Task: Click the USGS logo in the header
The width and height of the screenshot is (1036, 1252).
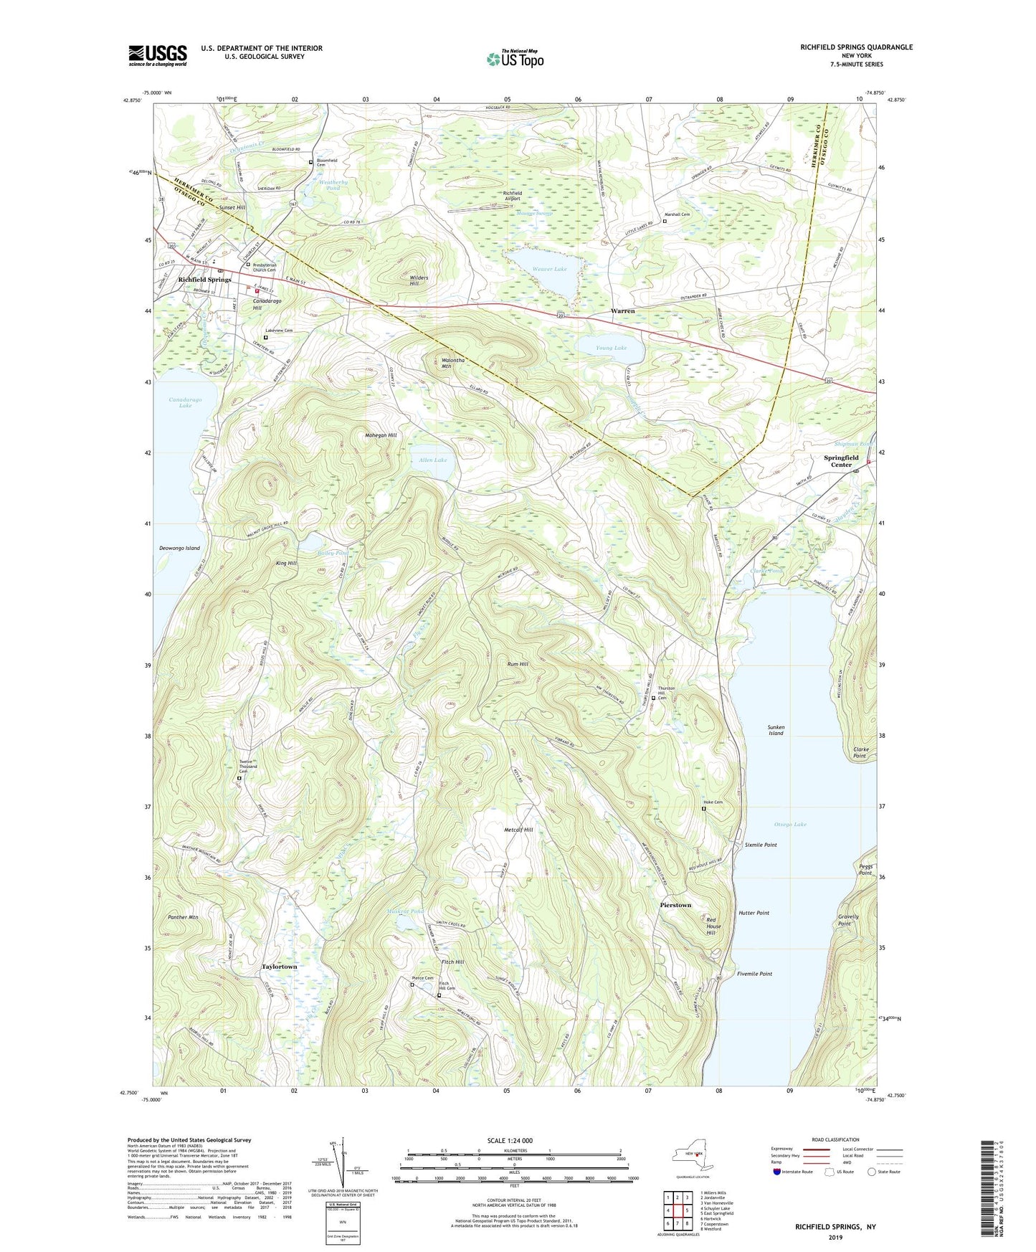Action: click(x=157, y=55)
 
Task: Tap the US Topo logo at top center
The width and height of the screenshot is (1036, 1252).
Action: click(x=514, y=59)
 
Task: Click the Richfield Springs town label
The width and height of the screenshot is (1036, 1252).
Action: click(x=204, y=279)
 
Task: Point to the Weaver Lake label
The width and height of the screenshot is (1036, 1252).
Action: click(x=550, y=269)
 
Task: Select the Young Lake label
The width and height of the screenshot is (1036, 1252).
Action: click(x=611, y=348)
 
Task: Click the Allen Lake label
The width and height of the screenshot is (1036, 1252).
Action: click(x=432, y=460)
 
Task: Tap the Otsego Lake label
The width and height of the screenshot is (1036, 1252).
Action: click(x=790, y=824)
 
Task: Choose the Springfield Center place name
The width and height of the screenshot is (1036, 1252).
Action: click(x=841, y=460)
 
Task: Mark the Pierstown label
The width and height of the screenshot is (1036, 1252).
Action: click(x=675, y=905)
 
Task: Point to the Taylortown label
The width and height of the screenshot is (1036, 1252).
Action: click(x=279, y=967)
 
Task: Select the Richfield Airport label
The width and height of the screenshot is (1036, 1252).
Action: click(x=512, y=196)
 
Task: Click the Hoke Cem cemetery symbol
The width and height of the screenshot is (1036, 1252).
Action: click(x=703, y=809)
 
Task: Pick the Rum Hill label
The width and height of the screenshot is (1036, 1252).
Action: click(x=518, y=665)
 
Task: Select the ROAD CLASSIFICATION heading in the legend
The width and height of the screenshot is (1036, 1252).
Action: click(x=835, y=1139)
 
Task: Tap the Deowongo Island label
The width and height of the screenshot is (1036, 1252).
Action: click(x=179, y=548)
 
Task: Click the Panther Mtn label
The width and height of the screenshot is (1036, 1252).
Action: click(x=183, y=917)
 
